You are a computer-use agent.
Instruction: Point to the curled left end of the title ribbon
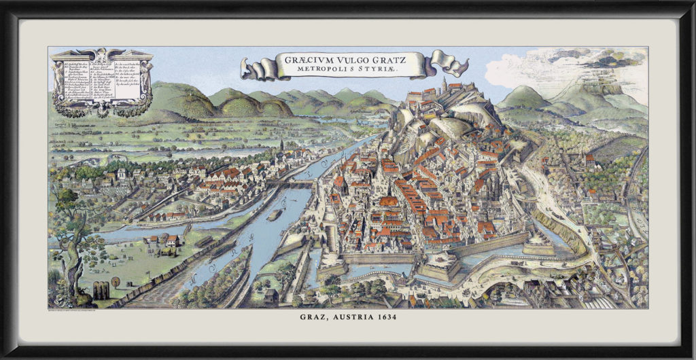point(253,68)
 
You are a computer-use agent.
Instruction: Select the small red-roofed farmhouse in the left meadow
point(173,240)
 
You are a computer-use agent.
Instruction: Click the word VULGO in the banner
point(351,59)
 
